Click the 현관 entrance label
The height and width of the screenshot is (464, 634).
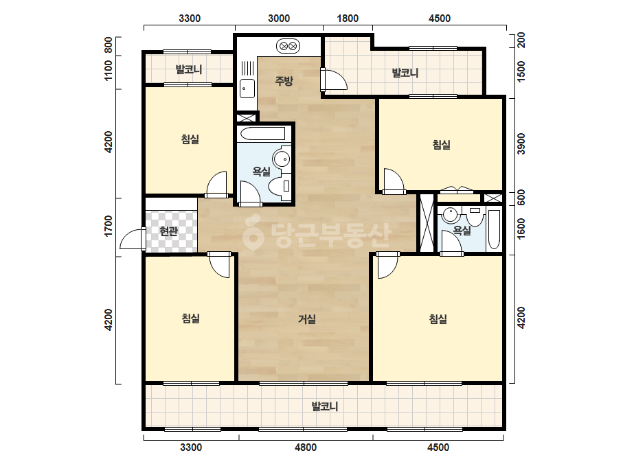tap(168, 231)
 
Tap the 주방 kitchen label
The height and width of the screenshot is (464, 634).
tap(284, 81)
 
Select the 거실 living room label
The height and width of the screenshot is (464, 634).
tap(307, 319)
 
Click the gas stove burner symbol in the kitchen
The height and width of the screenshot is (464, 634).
tap(288, 46)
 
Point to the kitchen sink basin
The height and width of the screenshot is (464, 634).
tap(247, 89)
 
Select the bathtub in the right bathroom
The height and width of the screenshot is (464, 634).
tap(494, 229)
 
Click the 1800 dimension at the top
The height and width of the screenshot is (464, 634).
tap(348, 19)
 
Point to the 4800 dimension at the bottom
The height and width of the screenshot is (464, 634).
tap(306, 448)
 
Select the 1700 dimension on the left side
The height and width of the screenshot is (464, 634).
tap(109, 226)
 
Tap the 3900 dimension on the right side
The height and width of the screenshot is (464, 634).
tap(521, 143)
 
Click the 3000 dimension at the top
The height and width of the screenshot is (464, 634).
tap(279, 19)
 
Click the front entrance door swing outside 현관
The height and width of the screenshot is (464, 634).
tap(133, 240)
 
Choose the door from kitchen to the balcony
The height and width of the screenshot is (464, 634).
tap(334, 80)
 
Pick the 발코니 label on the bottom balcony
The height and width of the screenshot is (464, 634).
tap(325, 406)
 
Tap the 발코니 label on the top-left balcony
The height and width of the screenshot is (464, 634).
tap(189, 69)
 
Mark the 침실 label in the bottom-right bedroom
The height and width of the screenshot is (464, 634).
tap(438, 319)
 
